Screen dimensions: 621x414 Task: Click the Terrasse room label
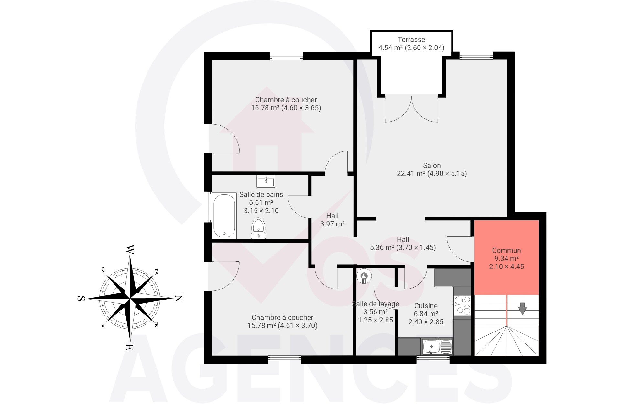point(411,40)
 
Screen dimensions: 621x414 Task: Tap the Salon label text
point(432,165)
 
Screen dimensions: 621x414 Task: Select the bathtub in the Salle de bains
point(225,216)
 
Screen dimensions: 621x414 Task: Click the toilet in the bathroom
point(258,228)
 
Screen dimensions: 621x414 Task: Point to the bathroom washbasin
point(266,181)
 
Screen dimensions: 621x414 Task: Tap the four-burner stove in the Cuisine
point(463,306)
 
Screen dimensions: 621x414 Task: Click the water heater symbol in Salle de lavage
point(364,276)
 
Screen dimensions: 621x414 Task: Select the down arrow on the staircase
point(522,309)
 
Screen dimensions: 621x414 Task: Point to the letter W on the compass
point(130,249)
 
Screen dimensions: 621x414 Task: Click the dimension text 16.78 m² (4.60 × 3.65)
point(286,108)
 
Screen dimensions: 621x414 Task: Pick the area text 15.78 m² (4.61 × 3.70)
point(282,326)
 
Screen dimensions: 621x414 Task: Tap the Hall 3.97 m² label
point(332,220)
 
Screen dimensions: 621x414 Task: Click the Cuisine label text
point(426,306)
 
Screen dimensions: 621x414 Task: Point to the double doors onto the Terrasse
point(411,109)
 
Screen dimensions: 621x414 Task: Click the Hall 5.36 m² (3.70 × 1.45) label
point(403,244)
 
